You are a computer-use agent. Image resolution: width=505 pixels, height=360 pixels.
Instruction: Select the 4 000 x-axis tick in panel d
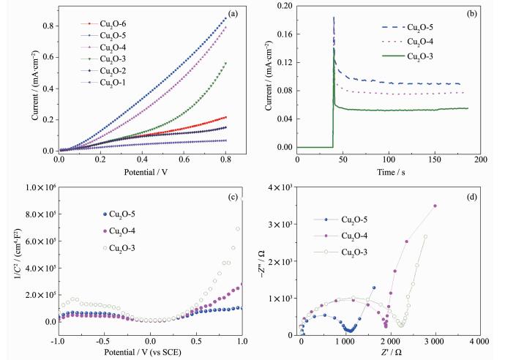pos(480,341)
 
